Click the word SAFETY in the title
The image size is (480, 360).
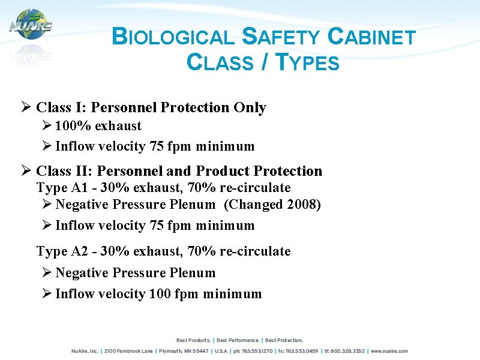pyautogui.click(x=281, y=38)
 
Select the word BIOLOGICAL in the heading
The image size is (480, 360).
pyautogui.click(x=173, y=38)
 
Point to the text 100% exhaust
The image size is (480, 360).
pyautogui.click(x=98, y=126)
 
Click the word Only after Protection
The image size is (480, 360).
pyautogui.click(x=250, y=107)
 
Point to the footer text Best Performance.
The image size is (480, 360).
pyautogui.click(x=238, y=340)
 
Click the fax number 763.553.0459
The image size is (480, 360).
pyautogui.click(x=302, y=351)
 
